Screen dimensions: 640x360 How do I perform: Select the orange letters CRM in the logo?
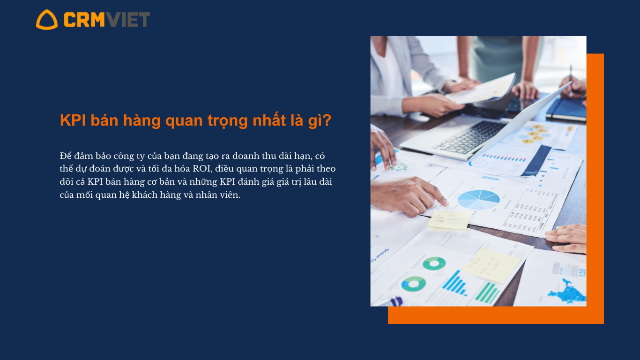pyautogui.click(x=84, y=19)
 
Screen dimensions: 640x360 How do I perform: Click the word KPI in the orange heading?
pyautogui.click(x=73, y=120)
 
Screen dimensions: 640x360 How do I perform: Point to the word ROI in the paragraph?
pyautogui.click(x=202, y=169)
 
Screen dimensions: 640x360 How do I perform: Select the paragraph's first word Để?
pyautogui.click(x=66, y=156)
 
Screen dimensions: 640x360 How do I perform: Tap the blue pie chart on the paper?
pyautogui.click(x=478, y=199)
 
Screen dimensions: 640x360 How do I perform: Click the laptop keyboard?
pyautogui.click(x=470, y=137)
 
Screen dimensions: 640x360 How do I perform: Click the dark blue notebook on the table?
pyautogui.click(x=566, y=110)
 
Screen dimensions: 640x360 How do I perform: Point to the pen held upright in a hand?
pyautogui.click(x=571, y=81)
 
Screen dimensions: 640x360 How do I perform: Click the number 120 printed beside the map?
pyautogui.click(x=582, y=272)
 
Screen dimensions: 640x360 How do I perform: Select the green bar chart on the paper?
pyautogui.click(x=487, y=292)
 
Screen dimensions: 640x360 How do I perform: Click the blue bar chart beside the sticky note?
pyautogui.click(x=454, y=283)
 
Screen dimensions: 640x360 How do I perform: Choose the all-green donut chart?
pyautogui.click(x=434, y=263)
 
